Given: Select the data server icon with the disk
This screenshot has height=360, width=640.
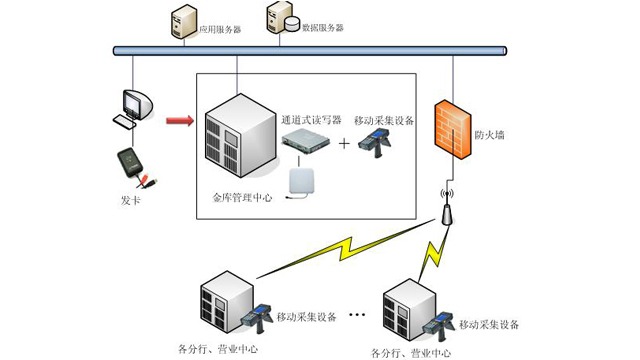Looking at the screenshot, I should [279, 19].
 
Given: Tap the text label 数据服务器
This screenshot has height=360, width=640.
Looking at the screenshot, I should [322, 28].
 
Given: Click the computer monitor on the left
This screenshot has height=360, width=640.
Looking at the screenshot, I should [134, 105].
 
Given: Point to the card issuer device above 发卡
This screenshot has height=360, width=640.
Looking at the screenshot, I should [134, 165].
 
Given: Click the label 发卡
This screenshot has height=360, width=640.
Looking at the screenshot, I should [131, 200].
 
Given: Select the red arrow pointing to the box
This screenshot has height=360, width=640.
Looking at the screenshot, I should [180, 122].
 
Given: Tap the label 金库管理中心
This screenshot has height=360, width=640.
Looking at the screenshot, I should [244, 198].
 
